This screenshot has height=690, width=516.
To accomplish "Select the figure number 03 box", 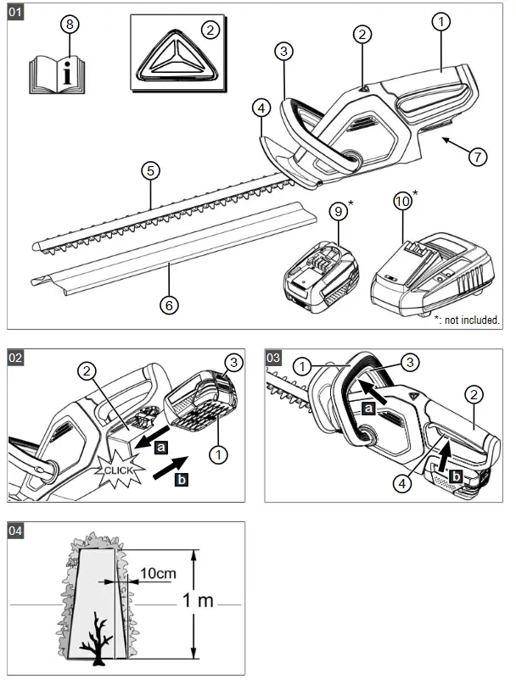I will (x=275, y=357).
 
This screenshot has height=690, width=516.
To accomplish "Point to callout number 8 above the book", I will (x=69, y=24).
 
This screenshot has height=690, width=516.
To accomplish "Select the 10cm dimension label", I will (x=159, y=574).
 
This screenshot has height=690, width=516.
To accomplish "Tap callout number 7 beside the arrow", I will (x=477, y=156).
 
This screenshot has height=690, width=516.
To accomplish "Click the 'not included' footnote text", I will (x=466, y=320).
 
